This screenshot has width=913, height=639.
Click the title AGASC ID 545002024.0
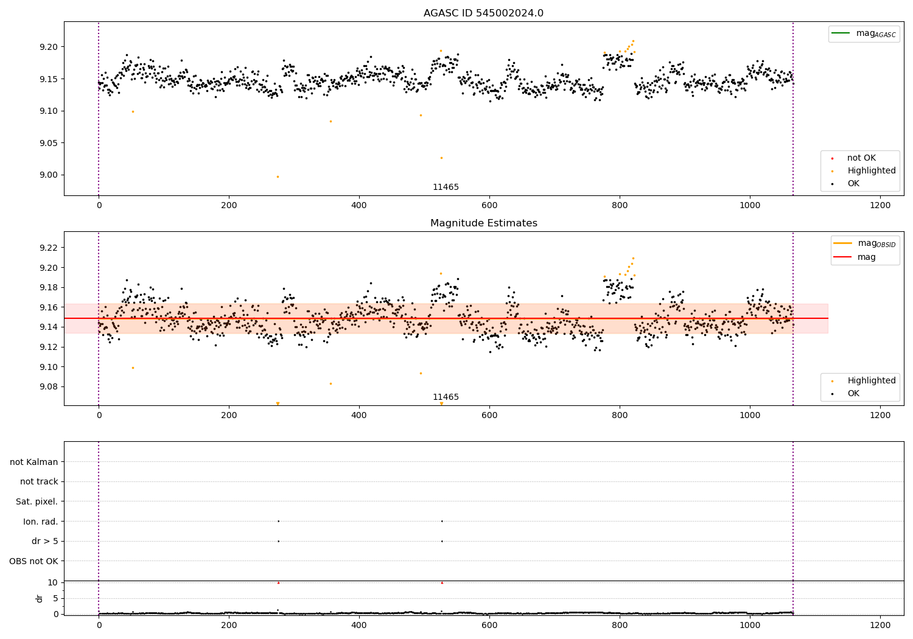pos(483,13)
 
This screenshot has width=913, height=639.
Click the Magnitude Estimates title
pos(483,223)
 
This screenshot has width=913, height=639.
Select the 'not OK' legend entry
pos(861,158)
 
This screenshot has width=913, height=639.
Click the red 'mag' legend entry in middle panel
pos(866,257)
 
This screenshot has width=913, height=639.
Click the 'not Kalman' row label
pos(34,462)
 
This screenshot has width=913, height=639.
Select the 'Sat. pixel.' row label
pos(37,501)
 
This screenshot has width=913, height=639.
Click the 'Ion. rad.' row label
pos(40,522)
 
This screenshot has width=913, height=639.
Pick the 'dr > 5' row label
pos(44,541)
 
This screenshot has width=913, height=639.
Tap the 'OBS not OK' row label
pos(33,561)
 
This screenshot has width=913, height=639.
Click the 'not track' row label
pos(39,481)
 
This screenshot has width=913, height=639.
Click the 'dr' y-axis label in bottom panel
pos(40,598)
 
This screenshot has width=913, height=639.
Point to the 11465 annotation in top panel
pos(446,187)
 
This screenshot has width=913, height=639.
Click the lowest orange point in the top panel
pos(278,176)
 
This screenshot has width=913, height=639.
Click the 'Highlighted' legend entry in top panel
pos(871,171)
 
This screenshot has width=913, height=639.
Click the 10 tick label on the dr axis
pos(52,582)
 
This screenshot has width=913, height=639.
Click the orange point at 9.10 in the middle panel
pos(133,368)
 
